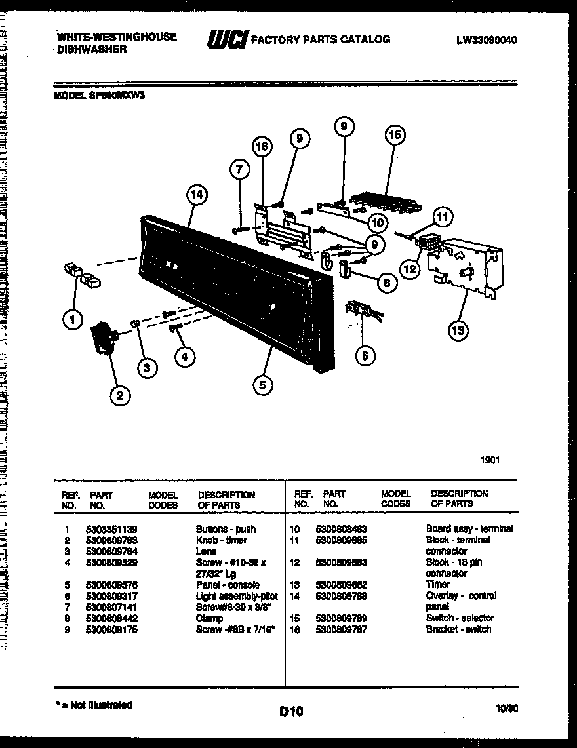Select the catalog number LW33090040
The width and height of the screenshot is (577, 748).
tap(487, 40)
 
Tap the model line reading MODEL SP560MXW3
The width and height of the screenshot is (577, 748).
tap(98, 94)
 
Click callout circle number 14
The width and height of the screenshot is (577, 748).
tap(196, 195)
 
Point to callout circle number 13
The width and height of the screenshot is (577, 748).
tap(458, 330)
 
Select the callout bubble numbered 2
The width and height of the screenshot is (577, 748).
tap(119, 395)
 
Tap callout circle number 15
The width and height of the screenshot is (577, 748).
tap(394, 136)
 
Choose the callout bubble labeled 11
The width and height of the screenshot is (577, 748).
tap(443, 216)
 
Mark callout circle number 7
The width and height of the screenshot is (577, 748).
tap(240, 169)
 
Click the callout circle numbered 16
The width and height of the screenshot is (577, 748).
tap(262, 148)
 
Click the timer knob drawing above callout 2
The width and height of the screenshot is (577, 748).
tap(102, 336)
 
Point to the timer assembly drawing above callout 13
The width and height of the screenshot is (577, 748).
tap(466, 269)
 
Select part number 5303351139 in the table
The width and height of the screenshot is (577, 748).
tap(111, 529)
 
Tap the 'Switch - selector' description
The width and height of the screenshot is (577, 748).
tap(460, 618)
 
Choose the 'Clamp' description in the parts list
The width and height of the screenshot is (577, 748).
tap(209, 618)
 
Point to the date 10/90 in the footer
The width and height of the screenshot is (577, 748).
tap(506, 708)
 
